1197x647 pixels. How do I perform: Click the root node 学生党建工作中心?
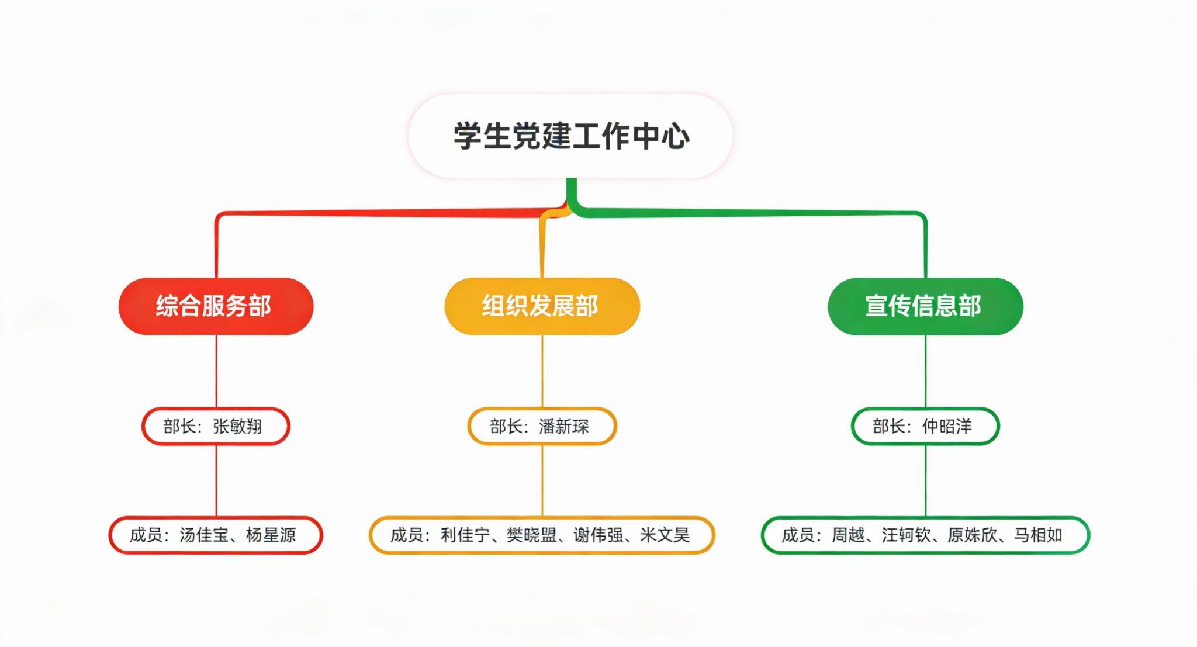tap(571, 136)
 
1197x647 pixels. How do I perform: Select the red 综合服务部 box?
tap(215, 306)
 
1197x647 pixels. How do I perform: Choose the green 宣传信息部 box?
tap(925, 306)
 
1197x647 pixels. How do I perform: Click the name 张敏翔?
tap(237, 427)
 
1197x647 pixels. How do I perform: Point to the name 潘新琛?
tap(564, 427)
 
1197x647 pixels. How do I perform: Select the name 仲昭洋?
tap(947, 427)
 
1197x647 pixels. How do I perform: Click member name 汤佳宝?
tap(204, 535)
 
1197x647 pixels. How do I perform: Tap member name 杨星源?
tap(271, 535)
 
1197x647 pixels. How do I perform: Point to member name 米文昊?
tap(665, 535)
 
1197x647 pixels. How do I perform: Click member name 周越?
tap(848, 535)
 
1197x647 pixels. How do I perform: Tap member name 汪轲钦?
tap(906, 535)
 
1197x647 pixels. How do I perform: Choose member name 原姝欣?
tap(972, 535)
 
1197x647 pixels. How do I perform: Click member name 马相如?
tap(1038, 535)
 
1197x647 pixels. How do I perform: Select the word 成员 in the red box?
tap(146, 535)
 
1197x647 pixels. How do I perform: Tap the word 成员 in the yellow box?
tap(406, 535)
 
